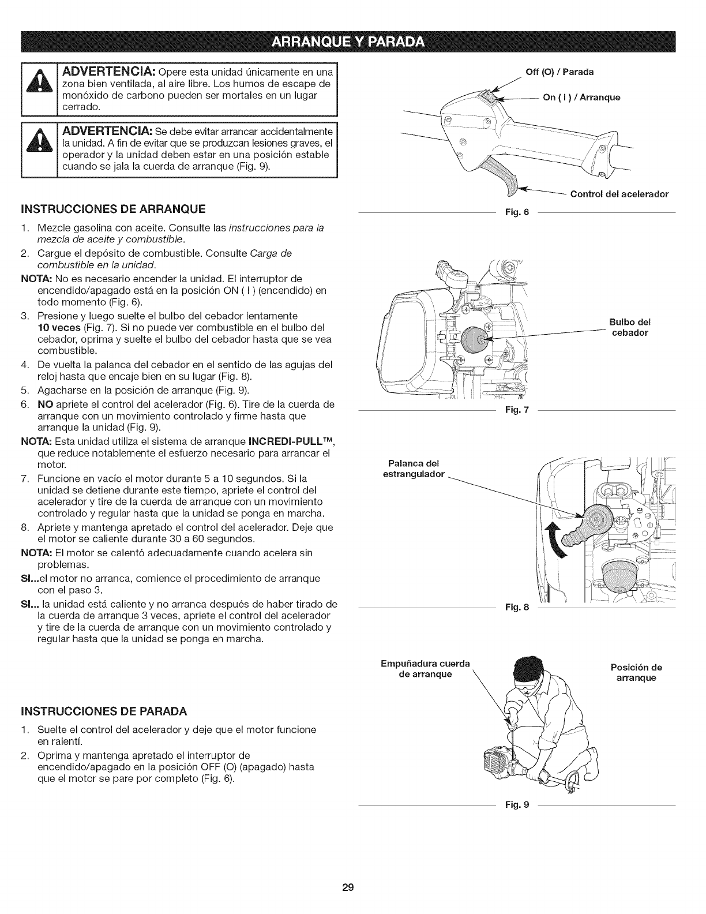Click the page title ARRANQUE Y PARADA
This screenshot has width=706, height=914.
coord(352,43)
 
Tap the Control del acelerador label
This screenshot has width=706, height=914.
coord(619,194)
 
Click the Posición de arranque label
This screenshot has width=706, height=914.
coord(636,672)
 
